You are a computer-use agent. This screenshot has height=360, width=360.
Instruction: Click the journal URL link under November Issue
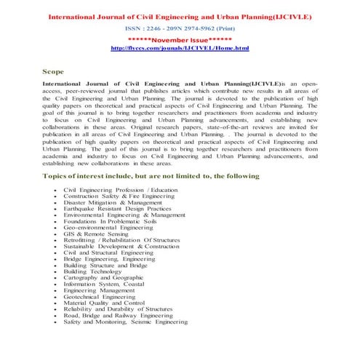tap(179, 47)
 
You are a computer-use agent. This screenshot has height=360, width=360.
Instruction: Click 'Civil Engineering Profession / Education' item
tap(121, 190)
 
